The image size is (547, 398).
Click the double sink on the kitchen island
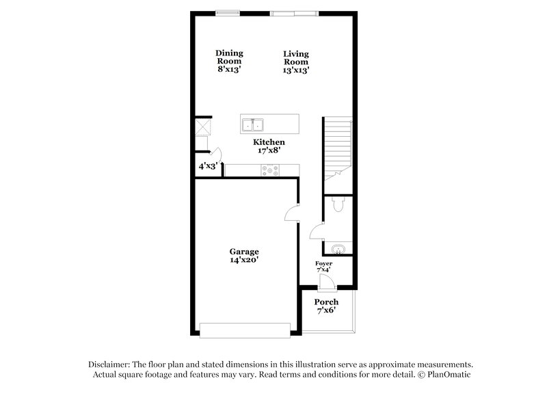click(x=253, y=125)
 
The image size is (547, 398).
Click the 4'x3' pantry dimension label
click(x=207, y=165)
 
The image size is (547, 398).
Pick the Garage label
click(x=243, y=251)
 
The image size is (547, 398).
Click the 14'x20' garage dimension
click(x=243, y=260)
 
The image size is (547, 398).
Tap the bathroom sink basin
click(x=337, y=249)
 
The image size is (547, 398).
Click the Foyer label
click(x=323, y=263)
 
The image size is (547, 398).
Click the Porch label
click(x=326, y=302)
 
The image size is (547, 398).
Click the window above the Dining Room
click(x=226, y=12)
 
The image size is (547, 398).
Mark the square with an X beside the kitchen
click(x=203, y=127)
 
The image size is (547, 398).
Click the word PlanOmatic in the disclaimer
click(x=449, y=375)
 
